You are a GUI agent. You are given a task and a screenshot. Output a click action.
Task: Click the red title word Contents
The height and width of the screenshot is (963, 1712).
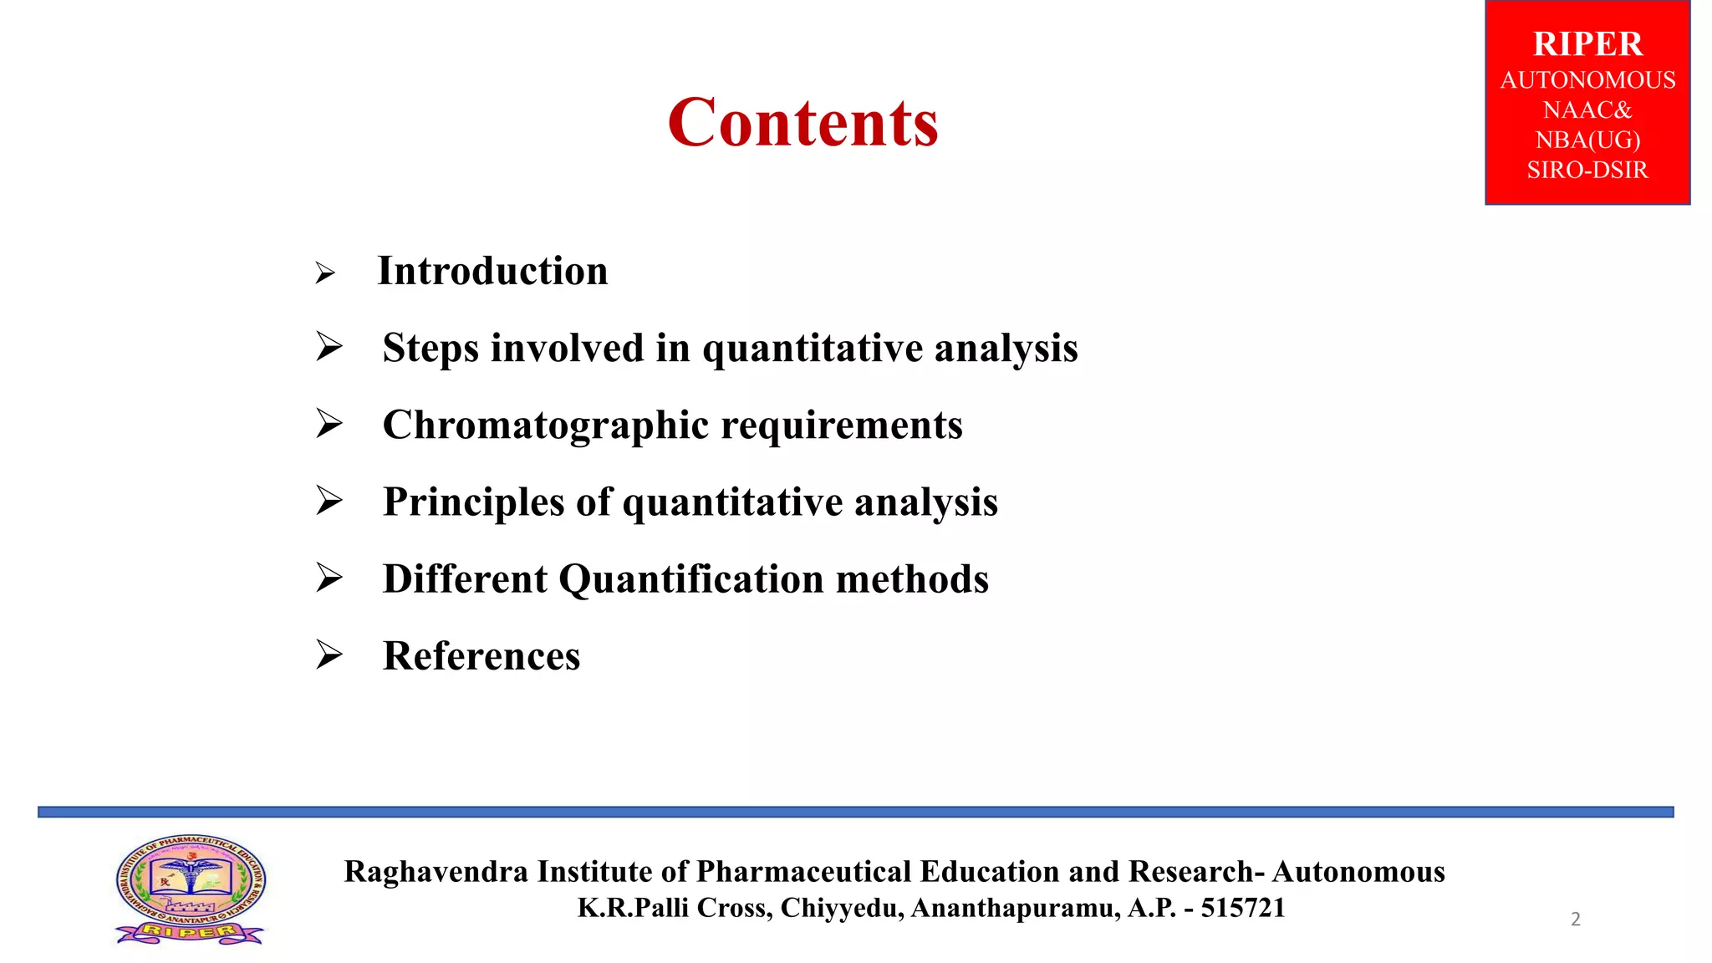802,123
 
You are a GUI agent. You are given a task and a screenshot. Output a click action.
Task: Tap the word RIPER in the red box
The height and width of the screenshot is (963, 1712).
1587,43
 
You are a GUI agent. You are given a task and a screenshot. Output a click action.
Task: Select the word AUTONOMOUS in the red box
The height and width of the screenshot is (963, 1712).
1587,80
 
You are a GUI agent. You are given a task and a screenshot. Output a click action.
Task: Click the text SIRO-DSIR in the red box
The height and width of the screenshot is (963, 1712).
1587,171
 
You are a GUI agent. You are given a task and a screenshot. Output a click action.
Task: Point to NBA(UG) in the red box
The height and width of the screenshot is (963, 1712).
1587,140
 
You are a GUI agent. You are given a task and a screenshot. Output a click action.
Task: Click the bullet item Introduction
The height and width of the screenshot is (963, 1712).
492,271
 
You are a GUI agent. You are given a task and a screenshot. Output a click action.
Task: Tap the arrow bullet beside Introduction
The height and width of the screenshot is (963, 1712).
325,273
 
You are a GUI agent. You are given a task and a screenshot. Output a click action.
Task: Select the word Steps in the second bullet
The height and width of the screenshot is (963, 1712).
430,349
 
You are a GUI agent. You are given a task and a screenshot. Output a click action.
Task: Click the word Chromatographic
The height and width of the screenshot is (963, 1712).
546,425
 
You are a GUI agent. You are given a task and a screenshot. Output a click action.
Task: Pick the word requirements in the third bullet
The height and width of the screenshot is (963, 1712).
842,425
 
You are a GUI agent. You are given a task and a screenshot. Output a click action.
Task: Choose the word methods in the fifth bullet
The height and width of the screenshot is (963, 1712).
912,579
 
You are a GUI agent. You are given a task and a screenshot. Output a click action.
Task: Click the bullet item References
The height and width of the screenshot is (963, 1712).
481,656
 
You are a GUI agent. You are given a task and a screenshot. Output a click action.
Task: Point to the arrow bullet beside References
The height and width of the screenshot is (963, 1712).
329,655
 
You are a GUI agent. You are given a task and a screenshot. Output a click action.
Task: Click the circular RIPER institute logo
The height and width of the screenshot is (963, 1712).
191,889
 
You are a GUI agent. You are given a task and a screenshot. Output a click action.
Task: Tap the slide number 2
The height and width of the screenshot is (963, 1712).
1576,920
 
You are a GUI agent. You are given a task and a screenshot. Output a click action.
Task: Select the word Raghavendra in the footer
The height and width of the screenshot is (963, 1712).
436,872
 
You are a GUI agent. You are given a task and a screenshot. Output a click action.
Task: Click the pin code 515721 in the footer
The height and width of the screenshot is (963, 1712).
1243,908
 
